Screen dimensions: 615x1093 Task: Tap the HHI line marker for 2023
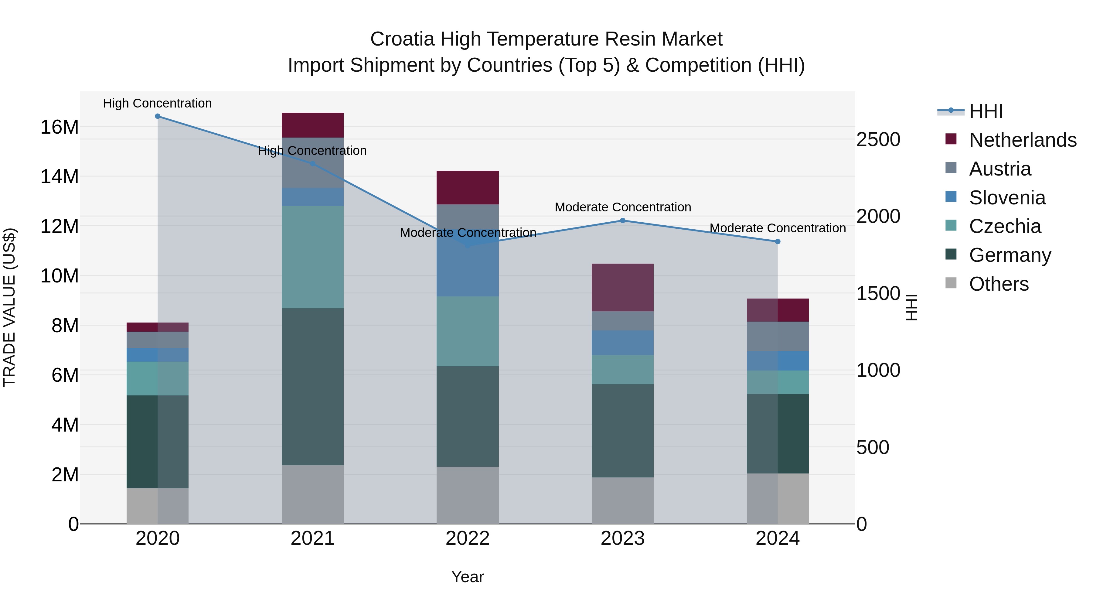pos(622,221)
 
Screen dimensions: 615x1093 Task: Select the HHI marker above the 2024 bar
pos(777,241)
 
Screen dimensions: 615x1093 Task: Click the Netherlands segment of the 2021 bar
pos(312,125)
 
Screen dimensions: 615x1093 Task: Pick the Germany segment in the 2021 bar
pos(312,386)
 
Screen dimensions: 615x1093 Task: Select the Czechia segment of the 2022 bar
pos(468,331)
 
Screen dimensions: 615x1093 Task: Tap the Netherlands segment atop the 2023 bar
pos(622,287)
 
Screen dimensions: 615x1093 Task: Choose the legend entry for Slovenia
pos(1007,198)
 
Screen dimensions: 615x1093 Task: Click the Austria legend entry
pos(1000,169)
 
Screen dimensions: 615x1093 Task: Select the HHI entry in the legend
pos(986,111)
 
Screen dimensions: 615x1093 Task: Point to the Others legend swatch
pos(951,283)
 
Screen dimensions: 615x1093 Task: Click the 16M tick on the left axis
pos(60,127)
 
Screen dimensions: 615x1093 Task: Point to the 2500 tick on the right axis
pos(878,140)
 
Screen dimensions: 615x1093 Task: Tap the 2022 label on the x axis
pos(468,538)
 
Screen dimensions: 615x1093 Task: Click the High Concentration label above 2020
pos(157,103)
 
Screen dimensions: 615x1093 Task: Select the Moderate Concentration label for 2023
pos(622,207)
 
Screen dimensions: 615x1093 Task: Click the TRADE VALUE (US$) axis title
pos(9,307)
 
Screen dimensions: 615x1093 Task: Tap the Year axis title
pos(468,577)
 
